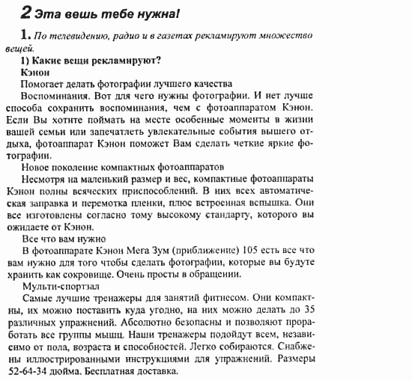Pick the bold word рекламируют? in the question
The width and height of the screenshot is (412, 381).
[x=125, y=61]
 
